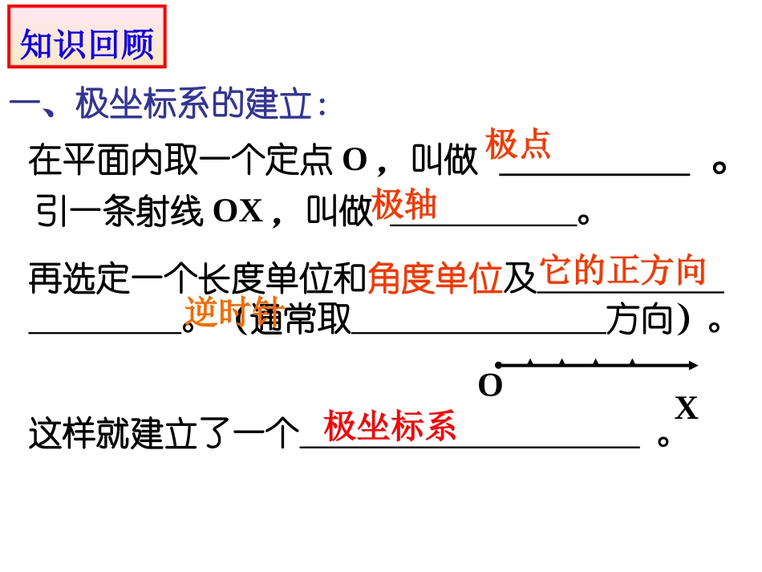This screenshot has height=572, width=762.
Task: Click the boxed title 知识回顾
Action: point(87,43)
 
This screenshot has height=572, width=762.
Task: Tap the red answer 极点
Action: point(518,145)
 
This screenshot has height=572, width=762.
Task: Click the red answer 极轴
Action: point(404,205)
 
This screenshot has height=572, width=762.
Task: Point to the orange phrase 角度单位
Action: point(435,278)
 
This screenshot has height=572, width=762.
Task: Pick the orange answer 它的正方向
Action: point(622,271)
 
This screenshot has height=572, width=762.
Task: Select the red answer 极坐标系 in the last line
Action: point(390,425)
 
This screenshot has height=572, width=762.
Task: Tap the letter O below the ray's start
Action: point(490,387)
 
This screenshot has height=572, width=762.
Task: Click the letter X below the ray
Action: point(686,409)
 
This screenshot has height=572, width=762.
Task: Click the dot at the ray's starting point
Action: point(498,365)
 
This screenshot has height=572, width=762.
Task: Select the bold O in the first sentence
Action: point(355,160)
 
